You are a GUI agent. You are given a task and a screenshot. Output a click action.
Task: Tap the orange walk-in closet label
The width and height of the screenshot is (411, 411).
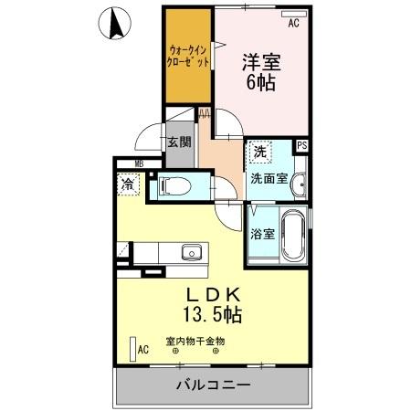pyautogui.click(x=190, y=56)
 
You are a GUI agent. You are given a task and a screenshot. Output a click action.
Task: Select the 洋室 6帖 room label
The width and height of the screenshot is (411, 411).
pyautogui.click(x=260, y=70)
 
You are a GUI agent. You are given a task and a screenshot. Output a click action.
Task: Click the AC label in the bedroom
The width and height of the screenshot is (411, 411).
pyautogui.click(x=293, y=25)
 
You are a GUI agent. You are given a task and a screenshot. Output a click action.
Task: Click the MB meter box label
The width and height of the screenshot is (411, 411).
pyautogui.click(x=139, y=164)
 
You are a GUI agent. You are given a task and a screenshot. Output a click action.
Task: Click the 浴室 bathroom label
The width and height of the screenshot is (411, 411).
pyautogui.click(x=263, y=233)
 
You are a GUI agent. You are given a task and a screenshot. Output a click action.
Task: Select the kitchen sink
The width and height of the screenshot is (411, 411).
pyautogui.click(x=189, y=252)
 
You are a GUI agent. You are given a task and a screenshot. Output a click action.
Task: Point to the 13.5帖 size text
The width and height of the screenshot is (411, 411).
pyautogui.click(x=213, y=316)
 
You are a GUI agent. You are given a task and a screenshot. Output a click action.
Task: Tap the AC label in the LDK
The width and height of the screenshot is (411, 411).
pyautogui.click(x=142, y=349)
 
